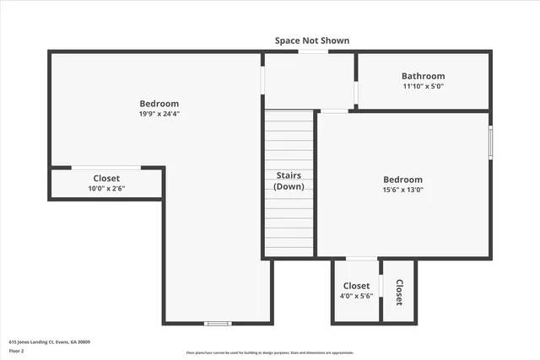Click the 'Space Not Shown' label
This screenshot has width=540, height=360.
(311, 40)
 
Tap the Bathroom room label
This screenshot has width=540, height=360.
(423, 77)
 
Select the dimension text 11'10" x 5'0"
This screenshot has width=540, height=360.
(423, 87)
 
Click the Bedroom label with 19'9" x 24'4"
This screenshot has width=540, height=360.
(159, 104)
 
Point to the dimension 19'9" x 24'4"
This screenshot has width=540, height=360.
(159, 114)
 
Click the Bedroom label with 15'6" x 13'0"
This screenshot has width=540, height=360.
(403, 180)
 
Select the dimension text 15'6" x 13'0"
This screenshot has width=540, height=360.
(403, 190)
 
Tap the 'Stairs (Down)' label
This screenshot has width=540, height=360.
(289, 181)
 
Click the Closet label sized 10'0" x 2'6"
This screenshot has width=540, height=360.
(106, 179)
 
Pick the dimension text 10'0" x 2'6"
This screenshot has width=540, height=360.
(106, 189)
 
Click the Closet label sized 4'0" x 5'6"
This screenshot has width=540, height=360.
(356, 287)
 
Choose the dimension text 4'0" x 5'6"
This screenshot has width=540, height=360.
(356, 297)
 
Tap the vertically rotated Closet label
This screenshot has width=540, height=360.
(399, 292)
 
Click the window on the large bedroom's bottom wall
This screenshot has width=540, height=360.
(218, 323)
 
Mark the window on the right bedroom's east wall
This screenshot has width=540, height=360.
(490, 142)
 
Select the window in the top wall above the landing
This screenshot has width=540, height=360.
(313, 52)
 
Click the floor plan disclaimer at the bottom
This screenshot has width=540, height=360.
(270, 352)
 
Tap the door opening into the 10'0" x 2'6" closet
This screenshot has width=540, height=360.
(105, 168)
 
